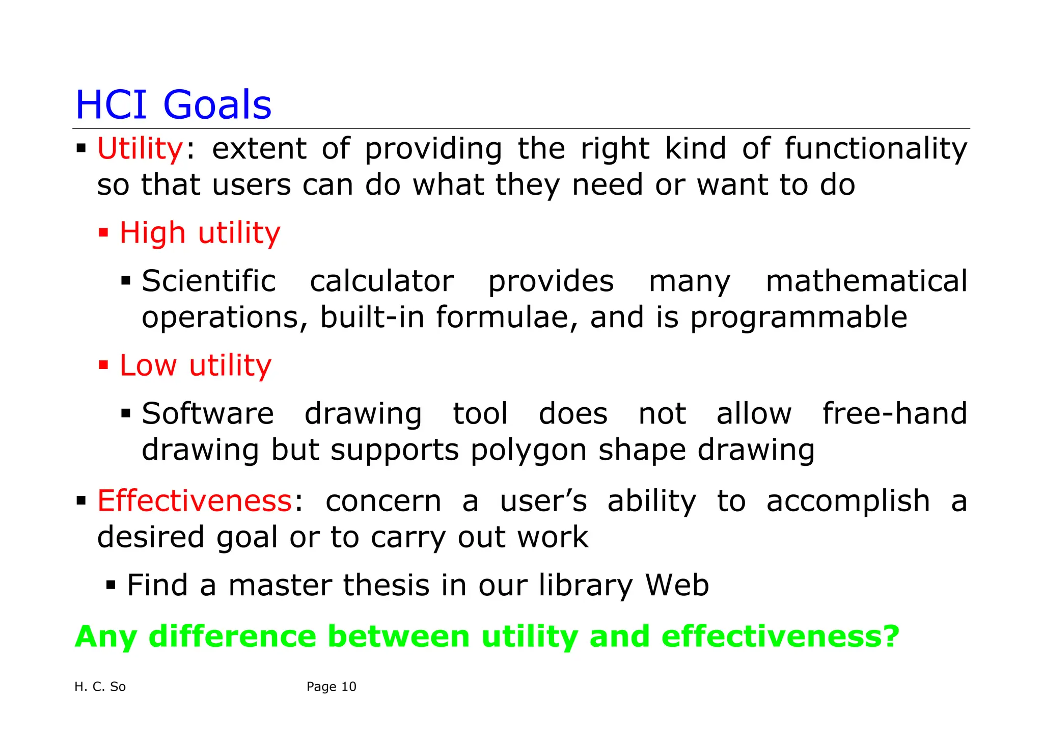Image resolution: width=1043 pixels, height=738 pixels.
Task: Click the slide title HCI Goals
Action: click(x=173, y=104)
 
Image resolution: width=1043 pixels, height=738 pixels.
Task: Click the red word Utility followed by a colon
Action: click(x=140, y=149)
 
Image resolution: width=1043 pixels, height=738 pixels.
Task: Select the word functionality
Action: click(x=875, y=149)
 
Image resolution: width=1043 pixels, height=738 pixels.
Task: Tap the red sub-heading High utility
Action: click(x=200, y=233)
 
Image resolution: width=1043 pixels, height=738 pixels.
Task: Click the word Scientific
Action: click(x=209, y=281)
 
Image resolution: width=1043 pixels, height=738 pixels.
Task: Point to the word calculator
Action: click(x=381, y=281)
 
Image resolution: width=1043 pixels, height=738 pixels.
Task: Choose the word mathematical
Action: click(x=866, y=281)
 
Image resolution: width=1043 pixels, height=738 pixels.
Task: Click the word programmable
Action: click(x=799, y=318)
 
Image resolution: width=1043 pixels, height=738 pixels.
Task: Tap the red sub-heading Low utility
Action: click(x=196, y=365)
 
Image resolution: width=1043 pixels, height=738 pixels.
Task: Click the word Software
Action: click(x=208, y=413)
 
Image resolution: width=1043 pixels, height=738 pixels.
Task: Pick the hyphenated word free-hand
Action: click(x=894, y=413)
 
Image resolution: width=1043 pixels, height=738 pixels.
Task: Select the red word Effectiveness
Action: click(x=194, y=500)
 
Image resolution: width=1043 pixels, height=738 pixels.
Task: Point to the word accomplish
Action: click(x=848, y=501)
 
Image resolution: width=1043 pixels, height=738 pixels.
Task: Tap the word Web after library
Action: click(x=677, y=585)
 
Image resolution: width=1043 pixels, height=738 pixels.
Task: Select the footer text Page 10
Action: click(x=331, y=687)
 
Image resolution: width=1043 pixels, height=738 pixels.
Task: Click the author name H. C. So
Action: click(x=100, y=687)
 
